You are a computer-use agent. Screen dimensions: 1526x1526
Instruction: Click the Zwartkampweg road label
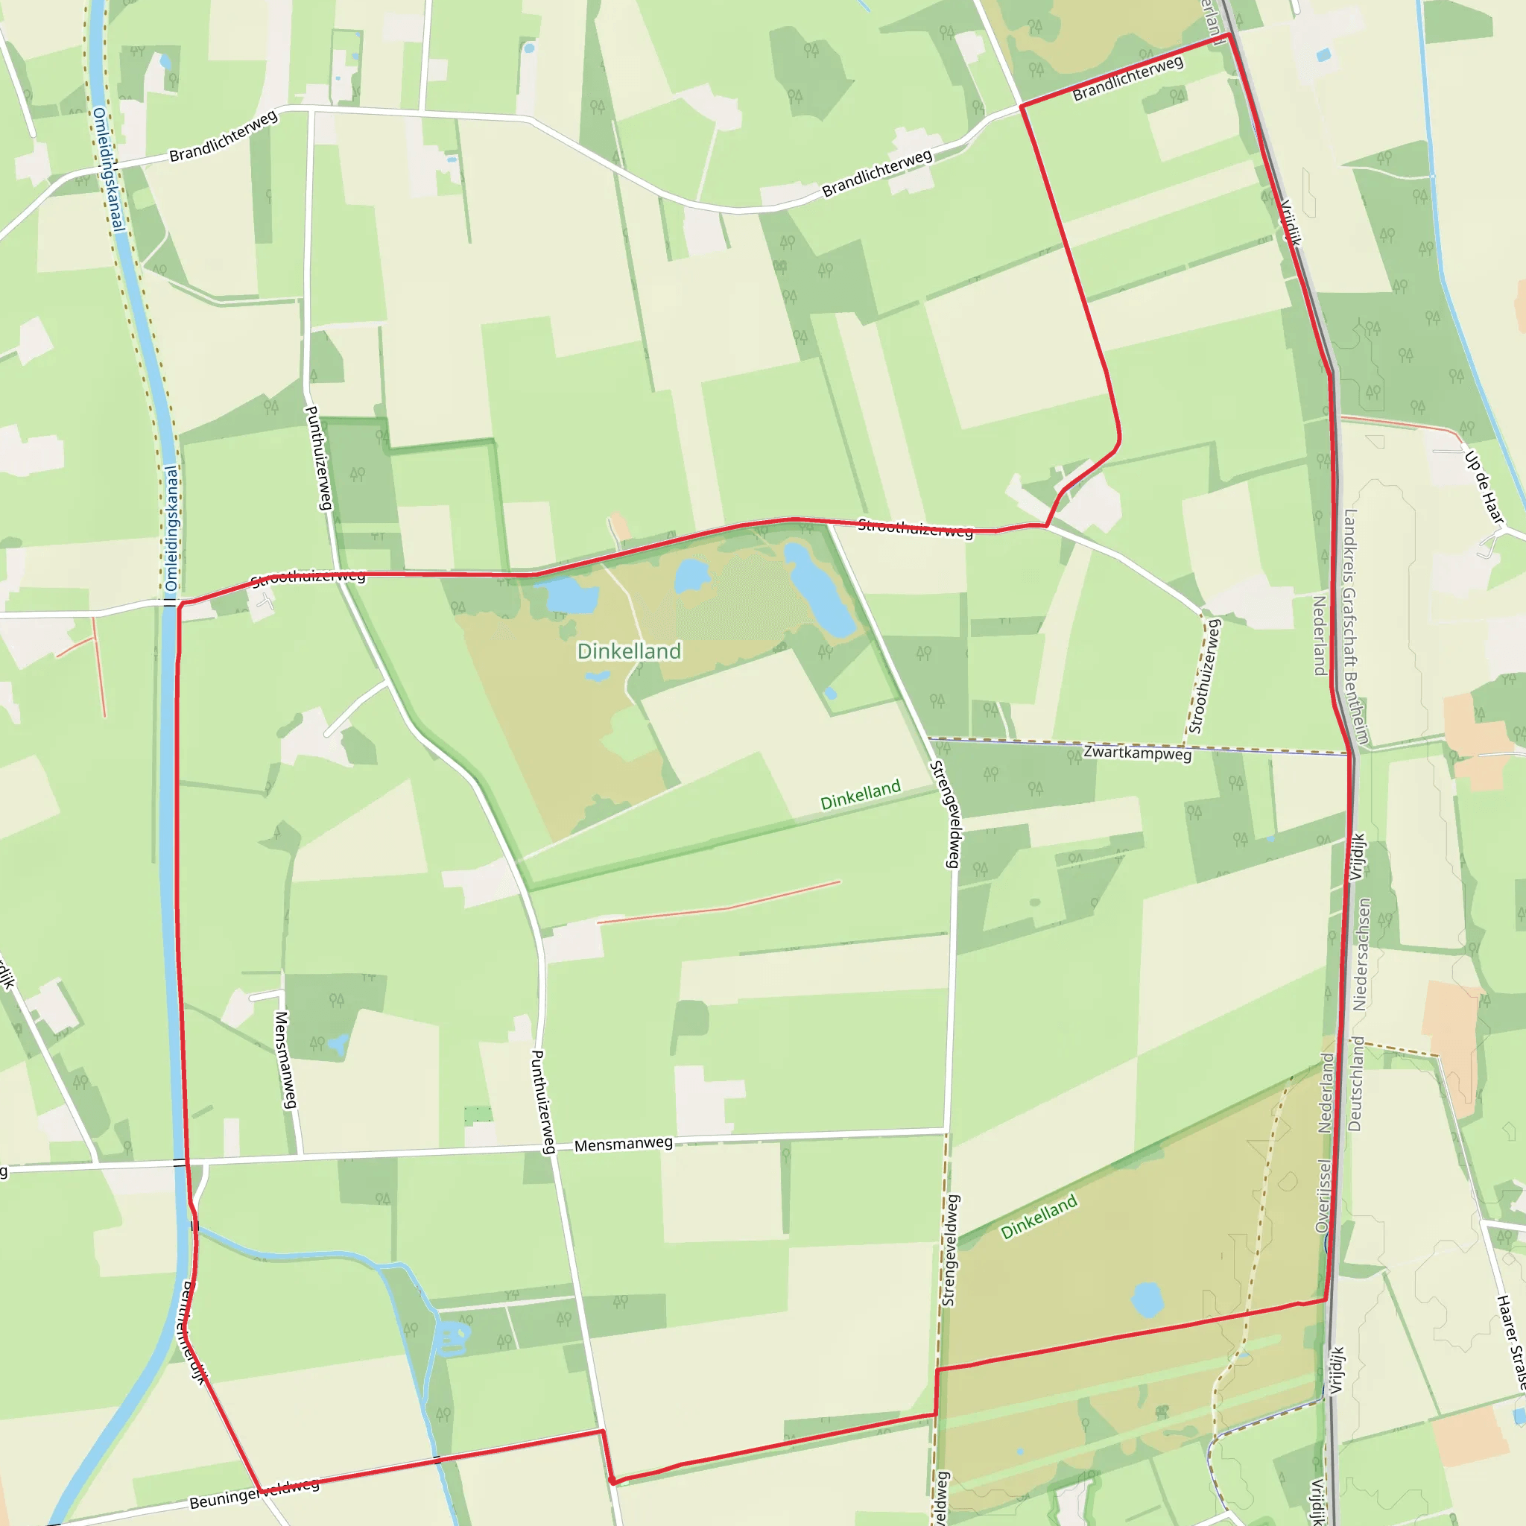click(1136, 752)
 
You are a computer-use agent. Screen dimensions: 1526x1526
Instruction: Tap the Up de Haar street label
click(1484, 487)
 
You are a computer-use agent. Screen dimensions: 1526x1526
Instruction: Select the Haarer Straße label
click(1511, 1343)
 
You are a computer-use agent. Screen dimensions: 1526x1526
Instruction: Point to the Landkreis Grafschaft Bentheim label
click(1355, 626)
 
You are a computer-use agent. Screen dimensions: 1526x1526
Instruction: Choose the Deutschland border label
click(1355, 1083)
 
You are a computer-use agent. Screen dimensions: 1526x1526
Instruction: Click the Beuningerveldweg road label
click(254, 1492)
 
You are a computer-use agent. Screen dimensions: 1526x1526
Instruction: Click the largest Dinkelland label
click(629, 650)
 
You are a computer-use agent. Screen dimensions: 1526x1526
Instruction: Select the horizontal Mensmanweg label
click(623, 1144)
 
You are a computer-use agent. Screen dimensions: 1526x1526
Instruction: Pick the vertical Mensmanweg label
click(285, 1060)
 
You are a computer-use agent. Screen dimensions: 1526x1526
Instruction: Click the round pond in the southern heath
click(1147, 1299)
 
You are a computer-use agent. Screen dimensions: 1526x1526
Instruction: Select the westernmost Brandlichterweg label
click(224, 136)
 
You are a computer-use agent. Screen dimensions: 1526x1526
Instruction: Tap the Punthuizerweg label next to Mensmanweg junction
click(543, 1102)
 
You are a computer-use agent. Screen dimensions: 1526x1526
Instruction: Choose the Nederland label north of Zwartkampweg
click(1318, 636)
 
